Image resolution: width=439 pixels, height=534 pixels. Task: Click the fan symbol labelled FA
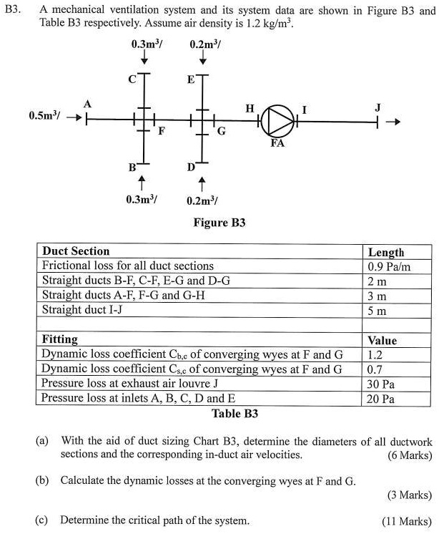coord(277,120)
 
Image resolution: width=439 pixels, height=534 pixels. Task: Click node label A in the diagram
coord(87,105)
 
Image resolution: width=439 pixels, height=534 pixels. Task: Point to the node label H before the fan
coord(250,108)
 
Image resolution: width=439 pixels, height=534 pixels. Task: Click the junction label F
coord(162,132)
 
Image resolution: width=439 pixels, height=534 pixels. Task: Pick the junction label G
coord(221,132)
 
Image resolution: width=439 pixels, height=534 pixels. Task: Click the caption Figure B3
coord(219,223)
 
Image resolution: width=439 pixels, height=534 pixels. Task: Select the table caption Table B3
coord(235,414)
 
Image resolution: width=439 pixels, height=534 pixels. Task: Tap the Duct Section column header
coord(76,251)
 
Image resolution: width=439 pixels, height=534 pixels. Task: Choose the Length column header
coord(386,252)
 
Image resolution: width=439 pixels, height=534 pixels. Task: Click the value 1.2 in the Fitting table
coord(375,354)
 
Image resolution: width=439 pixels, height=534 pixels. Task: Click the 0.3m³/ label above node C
coord(147,44)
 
